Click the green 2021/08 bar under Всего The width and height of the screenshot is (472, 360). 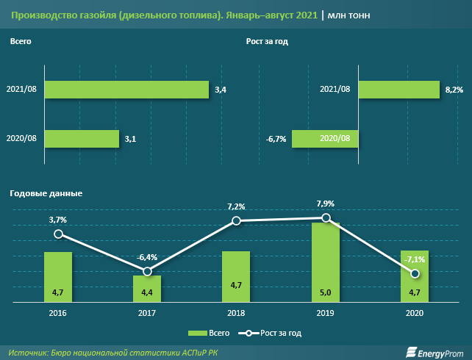(x=127, y=90)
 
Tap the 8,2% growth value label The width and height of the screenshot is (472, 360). (x=454, y=90)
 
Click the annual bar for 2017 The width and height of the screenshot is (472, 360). (x=147, y=289)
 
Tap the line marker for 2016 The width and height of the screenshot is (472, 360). (x=58, y=234)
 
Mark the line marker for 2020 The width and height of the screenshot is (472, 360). (x=415, y=273)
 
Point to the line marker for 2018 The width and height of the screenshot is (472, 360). (x=236, y=220)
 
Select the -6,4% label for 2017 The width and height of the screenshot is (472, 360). (x=148, y=257)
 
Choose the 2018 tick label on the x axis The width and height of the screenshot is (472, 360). (x=236, y=312)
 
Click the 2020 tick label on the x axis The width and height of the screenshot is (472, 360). (x=415, y=312)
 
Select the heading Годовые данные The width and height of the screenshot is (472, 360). (x=46, y=193)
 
